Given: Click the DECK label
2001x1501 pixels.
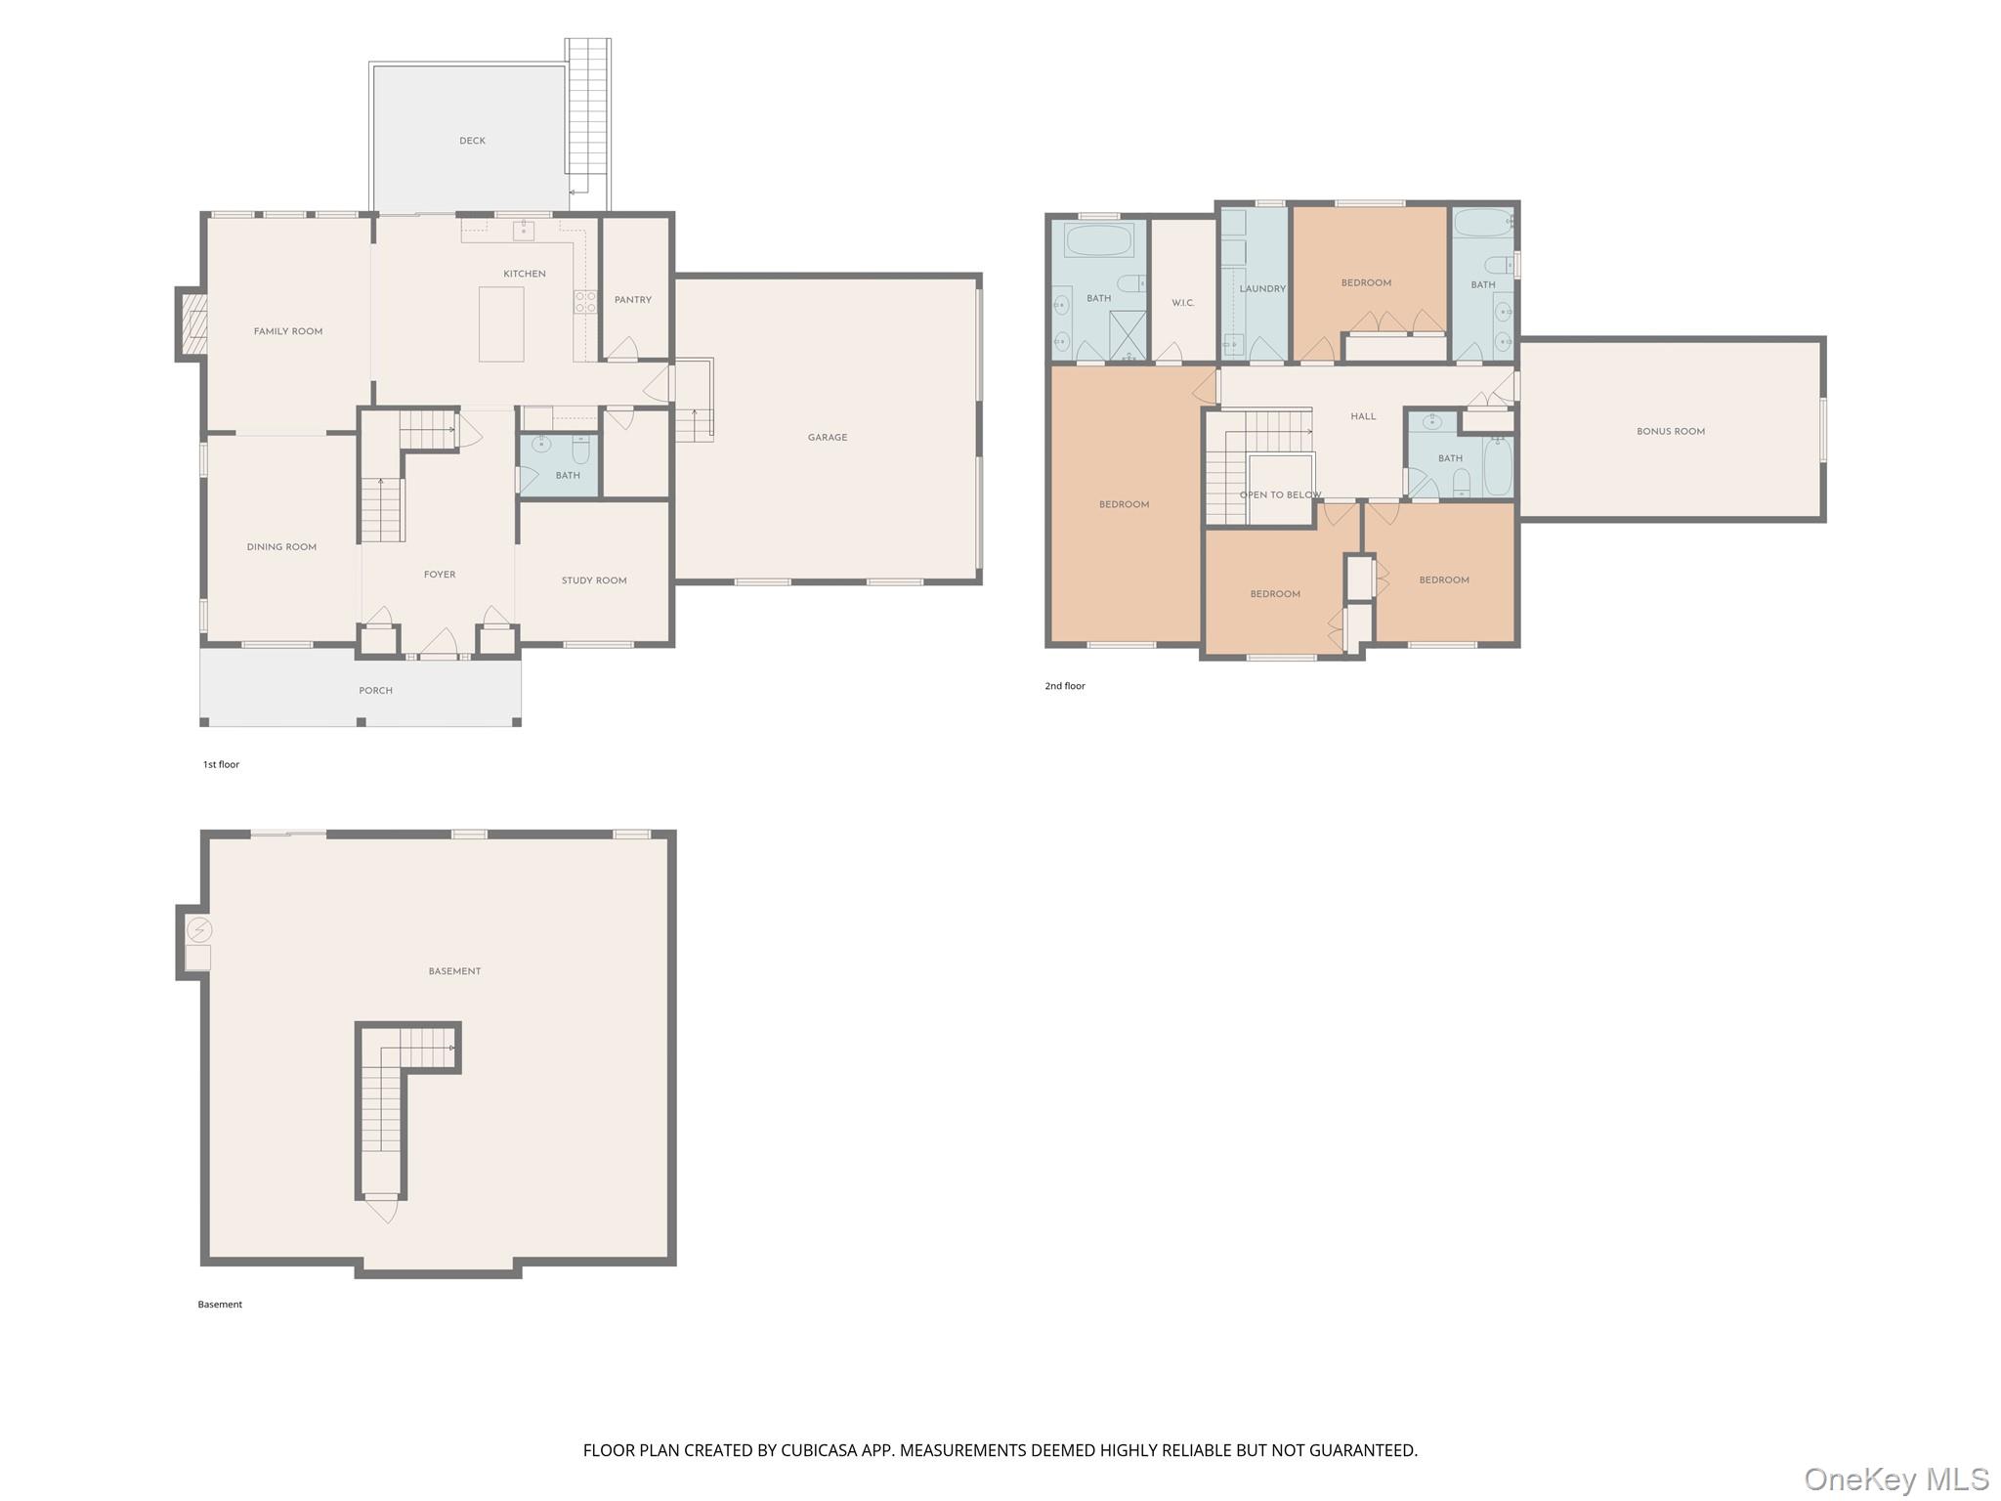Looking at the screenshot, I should [x=472, y=141].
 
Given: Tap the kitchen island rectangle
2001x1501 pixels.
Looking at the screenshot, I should [x=501, y=324].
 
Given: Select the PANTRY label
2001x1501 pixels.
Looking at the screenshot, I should [x=633, y=300].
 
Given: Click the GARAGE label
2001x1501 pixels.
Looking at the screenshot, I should [x=827, y=438].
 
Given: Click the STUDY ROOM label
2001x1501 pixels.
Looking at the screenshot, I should [x=594, y=580].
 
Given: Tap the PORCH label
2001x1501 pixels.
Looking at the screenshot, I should [x=375, y=691].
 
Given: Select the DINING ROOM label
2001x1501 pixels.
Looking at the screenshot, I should [x=281, y=547].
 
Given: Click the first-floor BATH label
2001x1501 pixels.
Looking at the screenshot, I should [x=568, y=476].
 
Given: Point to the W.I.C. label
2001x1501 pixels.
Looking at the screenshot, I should [x=1182, y=303].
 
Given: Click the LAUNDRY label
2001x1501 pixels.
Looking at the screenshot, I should [x=1262, y=289].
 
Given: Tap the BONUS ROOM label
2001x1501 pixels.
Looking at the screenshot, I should [x=1671, y=431].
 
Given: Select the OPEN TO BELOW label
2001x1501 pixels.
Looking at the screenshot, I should [x=1280, y=495].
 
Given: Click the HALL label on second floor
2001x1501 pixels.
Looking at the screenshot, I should [x=1363, y=416].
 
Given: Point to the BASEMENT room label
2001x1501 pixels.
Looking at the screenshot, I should [x=454, y=971].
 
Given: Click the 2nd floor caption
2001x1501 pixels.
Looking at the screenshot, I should [x=1065, y=686].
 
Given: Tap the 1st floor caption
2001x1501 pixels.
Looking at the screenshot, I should [x=221, y=764].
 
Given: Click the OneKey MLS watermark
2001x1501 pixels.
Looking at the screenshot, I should [x=1895, y=1480].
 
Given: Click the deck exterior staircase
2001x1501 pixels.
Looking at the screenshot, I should [x=588, y=117].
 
